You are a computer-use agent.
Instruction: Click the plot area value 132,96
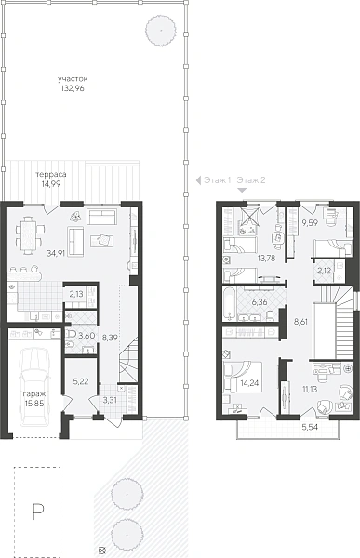[x=73, y=89]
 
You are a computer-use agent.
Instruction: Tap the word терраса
[x=51, y=175]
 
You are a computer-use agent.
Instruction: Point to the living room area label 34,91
[x=56, y=253]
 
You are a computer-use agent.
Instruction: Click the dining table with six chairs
[x=30, y=236]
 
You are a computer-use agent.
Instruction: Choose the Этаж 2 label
[x=251, y=180]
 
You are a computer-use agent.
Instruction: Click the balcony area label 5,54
[x=310, y=428]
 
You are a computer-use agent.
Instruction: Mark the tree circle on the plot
[x=161, y=31]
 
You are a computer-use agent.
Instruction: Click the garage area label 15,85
[x=33, y=404]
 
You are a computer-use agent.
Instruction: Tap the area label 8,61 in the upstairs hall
[x=300, y=322]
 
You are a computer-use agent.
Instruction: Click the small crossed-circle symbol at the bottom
[x=102, y=550]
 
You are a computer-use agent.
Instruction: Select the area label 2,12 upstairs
[x=324, y=271]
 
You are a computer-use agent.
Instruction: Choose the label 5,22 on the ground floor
[x=81, y=382]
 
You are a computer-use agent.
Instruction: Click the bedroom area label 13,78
[x=266, y=259]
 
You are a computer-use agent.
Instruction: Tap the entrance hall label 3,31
[x=110, y=400]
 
